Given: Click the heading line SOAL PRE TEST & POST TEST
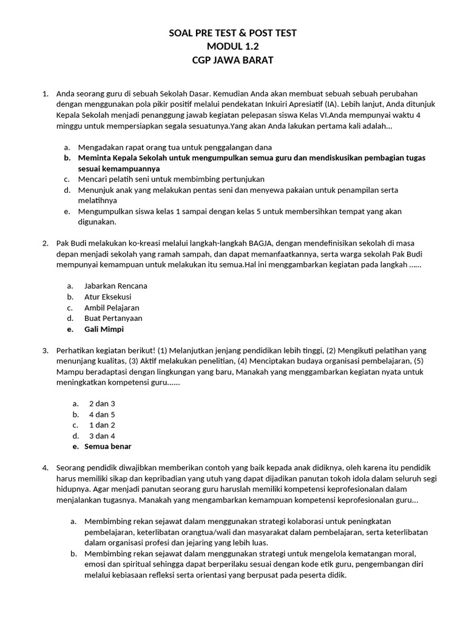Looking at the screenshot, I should tap(232, 33).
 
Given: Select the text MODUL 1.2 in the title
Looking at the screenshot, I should tap(232, 47).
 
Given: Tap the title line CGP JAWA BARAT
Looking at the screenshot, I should tap(232, 60).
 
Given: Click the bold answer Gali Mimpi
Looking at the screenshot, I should tap(104, 329).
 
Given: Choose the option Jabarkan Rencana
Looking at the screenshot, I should tap(115, 286).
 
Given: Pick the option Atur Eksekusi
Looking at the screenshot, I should tap(107, 297).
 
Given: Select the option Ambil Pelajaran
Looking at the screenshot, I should tap(112, 307).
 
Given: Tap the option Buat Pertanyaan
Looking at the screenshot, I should tap(113, 318).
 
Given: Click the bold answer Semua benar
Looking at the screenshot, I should tap(107, 446).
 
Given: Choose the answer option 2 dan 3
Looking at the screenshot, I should tap(102, 403).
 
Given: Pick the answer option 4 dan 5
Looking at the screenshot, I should tap(102, 414).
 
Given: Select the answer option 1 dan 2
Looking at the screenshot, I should tap(102, 425).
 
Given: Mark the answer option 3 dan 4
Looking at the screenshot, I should tap(102, 436).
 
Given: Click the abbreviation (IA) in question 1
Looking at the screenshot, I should tap(332, 104).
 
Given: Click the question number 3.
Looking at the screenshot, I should tap(45, 351).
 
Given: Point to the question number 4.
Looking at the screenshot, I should tap(45, 468).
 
